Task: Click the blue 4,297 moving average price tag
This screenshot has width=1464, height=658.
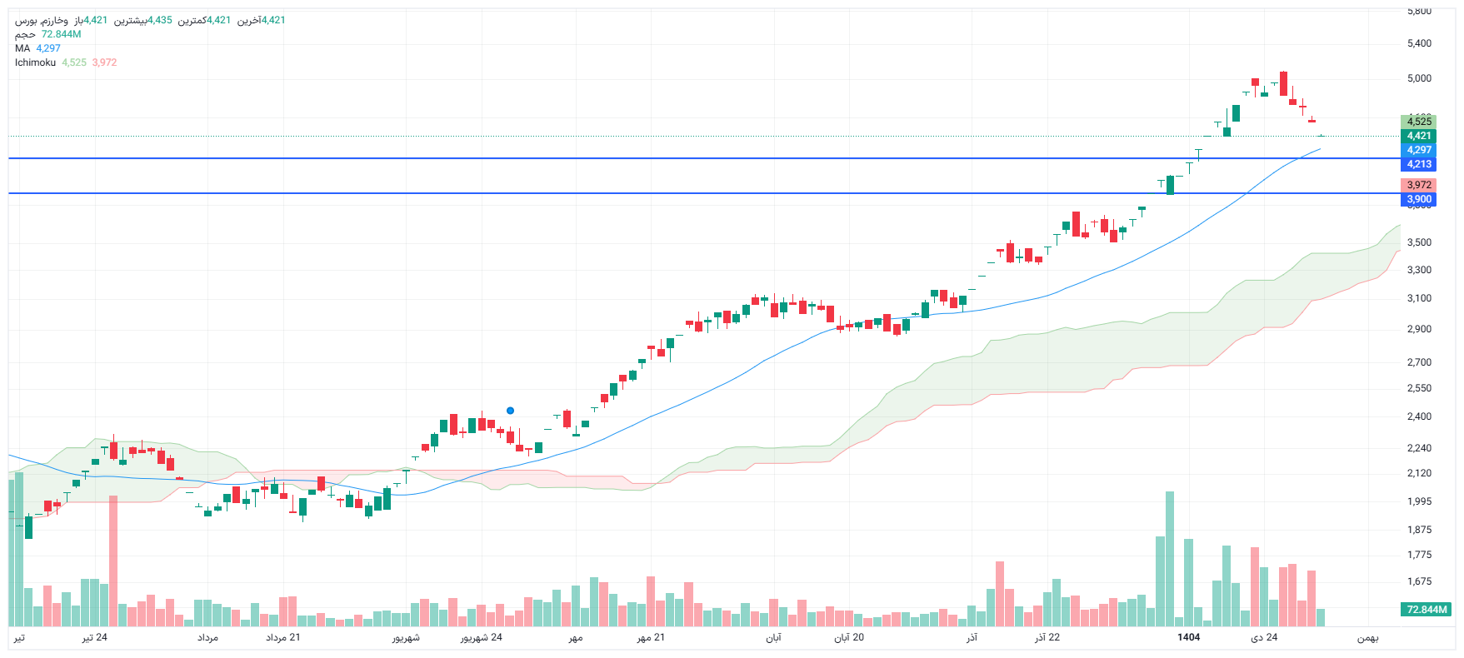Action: (x=1419, y=150)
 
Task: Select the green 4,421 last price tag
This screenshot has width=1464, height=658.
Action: (x=1419, y=136)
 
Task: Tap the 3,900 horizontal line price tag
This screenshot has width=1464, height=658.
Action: (x=1419, y=199)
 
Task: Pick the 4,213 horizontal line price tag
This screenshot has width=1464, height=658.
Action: (x=1419, y=164)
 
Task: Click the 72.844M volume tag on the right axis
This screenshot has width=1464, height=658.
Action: (x=1427, y=610)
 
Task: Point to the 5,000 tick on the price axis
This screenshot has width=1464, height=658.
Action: (x=1419, y=78)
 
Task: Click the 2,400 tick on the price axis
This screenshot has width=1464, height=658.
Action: (x=1419, y=416)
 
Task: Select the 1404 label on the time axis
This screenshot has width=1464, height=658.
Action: (x=1188, y=637)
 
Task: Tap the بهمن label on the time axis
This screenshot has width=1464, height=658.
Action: (x=1367, y=638)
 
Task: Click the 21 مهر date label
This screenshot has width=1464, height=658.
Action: (x=651, y=638)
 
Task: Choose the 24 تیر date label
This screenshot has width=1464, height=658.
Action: (x=94, y=638)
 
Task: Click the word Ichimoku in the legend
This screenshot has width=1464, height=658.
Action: (x=35, y=62)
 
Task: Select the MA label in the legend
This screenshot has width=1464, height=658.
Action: (x=22, y=48)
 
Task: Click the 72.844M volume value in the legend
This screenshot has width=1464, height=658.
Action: (x=61, y=34)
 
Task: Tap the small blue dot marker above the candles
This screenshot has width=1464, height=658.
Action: (x=510, y=411)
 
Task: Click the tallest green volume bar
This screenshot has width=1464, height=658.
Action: (x=1170, y=558)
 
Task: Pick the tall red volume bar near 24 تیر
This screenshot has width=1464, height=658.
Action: (x=113, y=560)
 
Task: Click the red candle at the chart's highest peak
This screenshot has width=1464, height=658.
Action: (x=1283, y=84)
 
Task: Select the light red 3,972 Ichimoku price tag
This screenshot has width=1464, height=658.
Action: (x=1419, y=185)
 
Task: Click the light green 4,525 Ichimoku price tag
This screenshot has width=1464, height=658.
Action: (x=1419, y=122)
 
